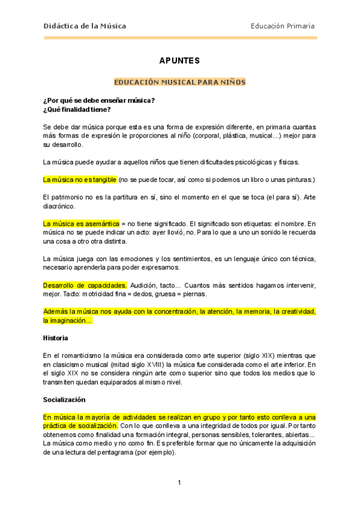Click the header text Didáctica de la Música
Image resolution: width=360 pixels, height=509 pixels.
(85, 26)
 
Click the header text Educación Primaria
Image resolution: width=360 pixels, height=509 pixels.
(283, 26)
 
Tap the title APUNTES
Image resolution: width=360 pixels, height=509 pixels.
(179, 61)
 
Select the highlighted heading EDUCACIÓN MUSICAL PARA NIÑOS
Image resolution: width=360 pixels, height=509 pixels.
(179, 82)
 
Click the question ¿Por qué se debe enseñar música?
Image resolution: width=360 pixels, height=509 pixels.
(99, 100)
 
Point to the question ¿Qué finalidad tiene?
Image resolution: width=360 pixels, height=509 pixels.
(77, 109)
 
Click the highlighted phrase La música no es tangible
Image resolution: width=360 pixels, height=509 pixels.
(80, 179)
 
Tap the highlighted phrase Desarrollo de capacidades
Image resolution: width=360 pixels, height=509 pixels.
(85, 285)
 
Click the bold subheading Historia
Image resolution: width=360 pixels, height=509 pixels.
(56, 338)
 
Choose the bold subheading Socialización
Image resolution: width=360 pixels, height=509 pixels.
(64, 399)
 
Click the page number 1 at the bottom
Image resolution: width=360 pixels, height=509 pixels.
(179, 483)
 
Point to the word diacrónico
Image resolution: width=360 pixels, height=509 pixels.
(59, 206)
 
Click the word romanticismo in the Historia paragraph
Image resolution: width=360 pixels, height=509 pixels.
(82, 355)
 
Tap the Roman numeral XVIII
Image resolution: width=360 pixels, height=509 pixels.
(169, 364)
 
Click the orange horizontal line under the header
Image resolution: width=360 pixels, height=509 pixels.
(179, 38)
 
